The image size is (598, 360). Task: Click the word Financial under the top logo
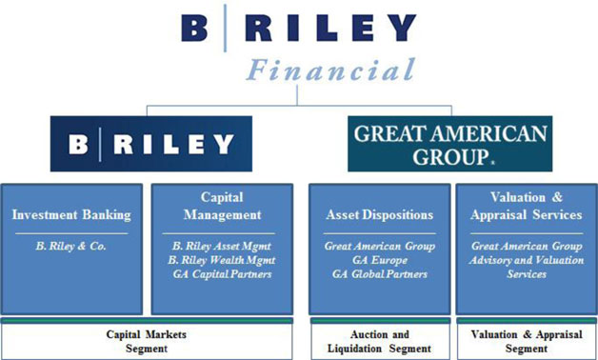330,70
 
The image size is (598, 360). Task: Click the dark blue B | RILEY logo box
151,144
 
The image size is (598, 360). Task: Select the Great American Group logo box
450,144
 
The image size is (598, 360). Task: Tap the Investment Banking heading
71,214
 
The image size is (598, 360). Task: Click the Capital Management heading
222,206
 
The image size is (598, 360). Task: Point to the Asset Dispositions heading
380,214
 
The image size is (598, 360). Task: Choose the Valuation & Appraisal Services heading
527,206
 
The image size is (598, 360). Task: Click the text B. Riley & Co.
70,247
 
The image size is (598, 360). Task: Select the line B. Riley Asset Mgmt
222,247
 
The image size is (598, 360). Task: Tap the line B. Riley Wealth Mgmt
222,260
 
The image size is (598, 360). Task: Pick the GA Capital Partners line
222,274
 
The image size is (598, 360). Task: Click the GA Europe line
380,260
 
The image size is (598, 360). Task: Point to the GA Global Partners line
380,274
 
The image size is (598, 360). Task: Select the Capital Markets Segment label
147,341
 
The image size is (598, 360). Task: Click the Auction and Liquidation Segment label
380,341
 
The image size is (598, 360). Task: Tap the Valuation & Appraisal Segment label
527,341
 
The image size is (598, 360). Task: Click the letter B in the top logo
194,28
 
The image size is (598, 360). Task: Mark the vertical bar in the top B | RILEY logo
225,28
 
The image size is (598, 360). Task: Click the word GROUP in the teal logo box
450,157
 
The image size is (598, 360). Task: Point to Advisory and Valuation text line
527,260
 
